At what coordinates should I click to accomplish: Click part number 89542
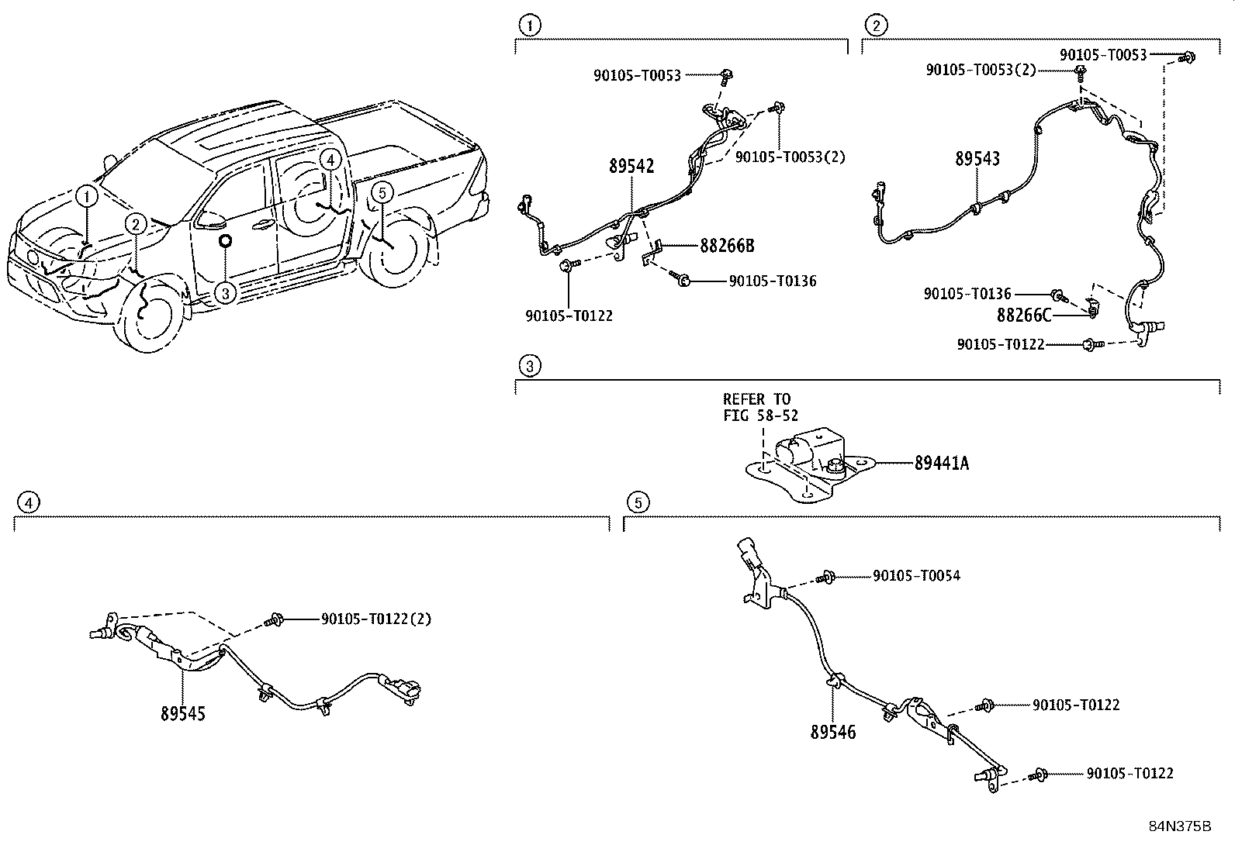pyautogui.click(x=631, y=166)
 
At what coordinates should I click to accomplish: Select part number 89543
pyautogui.click(x=977, y=159)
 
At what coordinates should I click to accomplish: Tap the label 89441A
pyautogui.click(x=942, y=464)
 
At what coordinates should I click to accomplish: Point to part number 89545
pyautogui.click(x=183, y=713)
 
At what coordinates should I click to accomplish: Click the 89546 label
pyautogui.click(x=833, y=732)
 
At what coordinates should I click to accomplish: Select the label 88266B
pyautogui.click(x=727, y=246)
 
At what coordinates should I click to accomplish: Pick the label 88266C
pyautogui.click(x=1024, y=315)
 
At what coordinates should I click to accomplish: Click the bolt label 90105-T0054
pyautogui.click(x=916, y=575)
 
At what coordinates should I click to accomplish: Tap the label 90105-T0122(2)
pyautogui.click(x=375, y=619)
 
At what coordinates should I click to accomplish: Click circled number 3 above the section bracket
pyautogui.click(x=528, y=366)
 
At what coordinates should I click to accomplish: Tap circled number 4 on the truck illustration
pyautogui.click(x=330, y=160)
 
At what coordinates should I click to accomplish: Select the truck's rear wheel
pyautogui.click(x=397, y=250)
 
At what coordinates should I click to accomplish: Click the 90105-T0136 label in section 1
pyautogui.click(x=772, y=281)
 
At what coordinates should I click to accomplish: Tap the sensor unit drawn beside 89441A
pyautogui.click(x=807, y=457)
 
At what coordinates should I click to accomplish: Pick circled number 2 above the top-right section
pyautogui.click(x=875, y=26)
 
